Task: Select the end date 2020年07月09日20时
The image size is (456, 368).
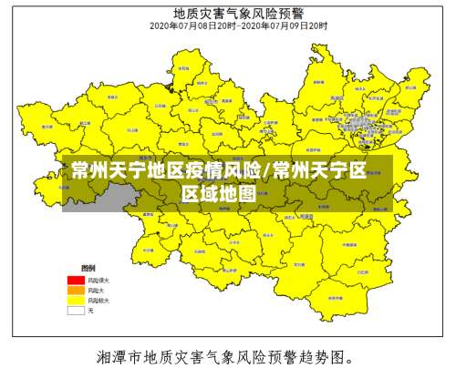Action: [284, 26]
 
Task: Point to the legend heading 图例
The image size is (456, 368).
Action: [88, 269]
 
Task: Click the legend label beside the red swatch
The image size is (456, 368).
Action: [98, 279]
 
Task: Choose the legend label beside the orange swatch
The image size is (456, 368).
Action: [96, 290]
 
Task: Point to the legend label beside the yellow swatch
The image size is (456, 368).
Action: [98, 300]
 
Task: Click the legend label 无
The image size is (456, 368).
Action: [90, 310]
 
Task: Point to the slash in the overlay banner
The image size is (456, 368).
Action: [266, 170]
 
